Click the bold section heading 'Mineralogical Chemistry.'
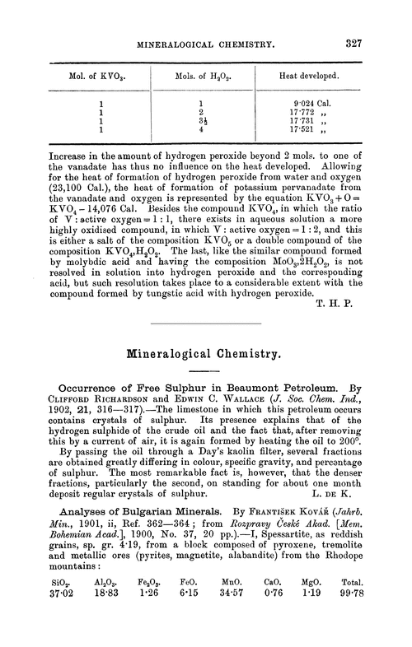[x=206, y=356]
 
